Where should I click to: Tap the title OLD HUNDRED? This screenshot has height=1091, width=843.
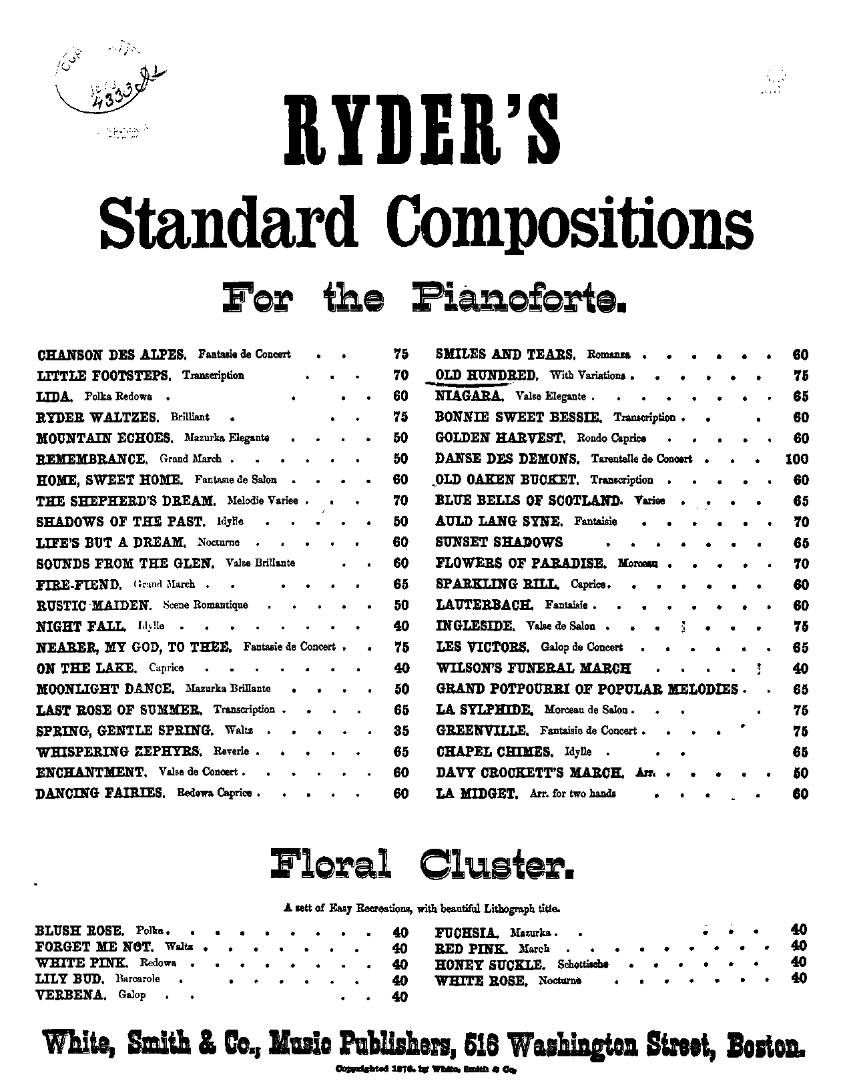pyautogui.click(x=486, y=375)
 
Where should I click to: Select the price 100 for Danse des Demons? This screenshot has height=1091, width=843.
pyautogui.click(x=796, y=459)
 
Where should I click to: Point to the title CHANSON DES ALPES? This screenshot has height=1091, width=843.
pyautogui.click(x=111, y=354)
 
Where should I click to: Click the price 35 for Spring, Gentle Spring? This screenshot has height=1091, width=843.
pyautogui.click(x=400, y=730)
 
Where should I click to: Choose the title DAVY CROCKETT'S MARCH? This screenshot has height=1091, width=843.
pyautogui.click(x=530, y=773)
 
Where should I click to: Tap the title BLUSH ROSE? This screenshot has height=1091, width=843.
pyautogui.click(x=79, y=930)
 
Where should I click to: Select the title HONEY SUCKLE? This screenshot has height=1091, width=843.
pyautogui.click(x=489, y=964)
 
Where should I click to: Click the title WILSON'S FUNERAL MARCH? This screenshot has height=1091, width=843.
pyautogui.click(x=533, y=668)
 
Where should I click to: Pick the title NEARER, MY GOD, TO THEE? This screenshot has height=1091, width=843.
pyautogui.click(x=133, y=647)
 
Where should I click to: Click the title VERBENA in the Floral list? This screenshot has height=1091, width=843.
pyautogui.click(x=70, y=995)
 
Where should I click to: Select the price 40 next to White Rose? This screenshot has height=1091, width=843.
pyautogui.click(x=798, y=979)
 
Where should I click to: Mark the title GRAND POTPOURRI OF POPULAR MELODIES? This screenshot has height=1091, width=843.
pyautogui.click(x=587, y=689)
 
